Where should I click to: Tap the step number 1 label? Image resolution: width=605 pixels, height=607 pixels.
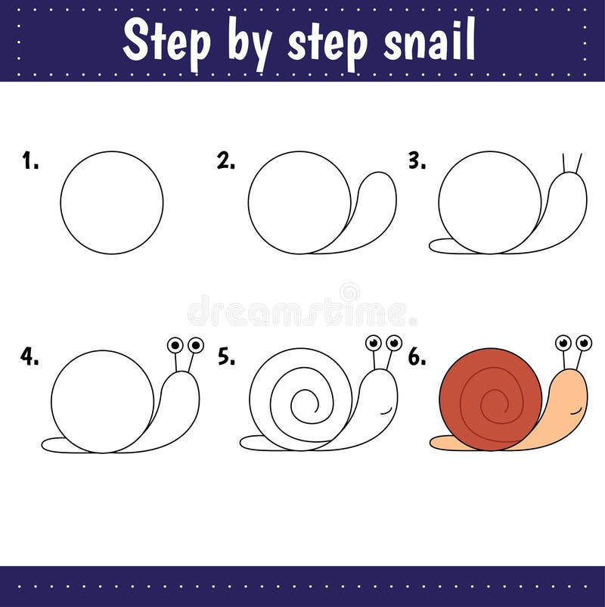pyautogui.click(x=30, y=160)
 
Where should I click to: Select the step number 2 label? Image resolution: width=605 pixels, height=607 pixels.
pyautogui.click(x=225, y=160)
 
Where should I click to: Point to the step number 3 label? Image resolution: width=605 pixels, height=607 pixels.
pyautogui.click(x=417, y=160)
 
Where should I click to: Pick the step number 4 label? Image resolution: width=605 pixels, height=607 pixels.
pyautogui.click(x=30, y=357)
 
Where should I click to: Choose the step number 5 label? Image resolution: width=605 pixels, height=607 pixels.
pyautogui.click(x=226, y=357)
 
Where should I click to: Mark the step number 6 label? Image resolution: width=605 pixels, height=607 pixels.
pyautogui.click(x=417, y=357)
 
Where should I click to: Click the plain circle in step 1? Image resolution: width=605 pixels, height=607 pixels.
pyautogui.click(x=112, y=202)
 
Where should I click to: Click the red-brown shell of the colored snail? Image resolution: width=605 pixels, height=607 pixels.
pyautogui.click(x=469, y=378)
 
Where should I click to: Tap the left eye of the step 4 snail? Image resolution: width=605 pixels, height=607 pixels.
pyautogui.click(x=175, y=345)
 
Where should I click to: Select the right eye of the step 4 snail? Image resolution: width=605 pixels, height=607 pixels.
pyautogui.click(x=196, y=345)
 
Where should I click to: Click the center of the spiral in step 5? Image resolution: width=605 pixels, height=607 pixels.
pyautogui.click(x=302, y=401)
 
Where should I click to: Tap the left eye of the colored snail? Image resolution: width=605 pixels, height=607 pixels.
pyautogui.click(x=563, y=343)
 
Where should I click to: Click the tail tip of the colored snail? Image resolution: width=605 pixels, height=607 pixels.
pyautogui.click(x=435, y=442)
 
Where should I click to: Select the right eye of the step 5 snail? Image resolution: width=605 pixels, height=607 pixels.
pyautogui.click(x=394, y=343)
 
